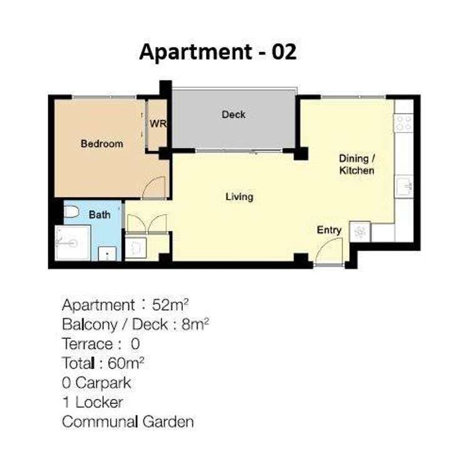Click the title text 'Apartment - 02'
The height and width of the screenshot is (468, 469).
(x=217, y=52)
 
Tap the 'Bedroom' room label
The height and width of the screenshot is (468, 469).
(x=102, y=144)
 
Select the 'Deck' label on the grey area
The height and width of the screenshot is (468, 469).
(x=234, y=115)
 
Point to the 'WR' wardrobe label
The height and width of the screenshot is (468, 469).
(x=157, y=124)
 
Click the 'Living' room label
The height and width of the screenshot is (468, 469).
(x=239, y=197)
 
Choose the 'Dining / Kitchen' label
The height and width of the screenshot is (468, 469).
(x=356, y=164)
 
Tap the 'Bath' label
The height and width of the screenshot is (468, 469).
(x=100, y=215)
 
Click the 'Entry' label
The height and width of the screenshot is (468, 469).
(x=329, y=230)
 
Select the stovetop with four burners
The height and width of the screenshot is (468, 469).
(x=404, y=122)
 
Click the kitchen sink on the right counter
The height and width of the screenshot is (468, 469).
(x=404, y=186)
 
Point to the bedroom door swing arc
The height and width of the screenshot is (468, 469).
(x=154, y=188)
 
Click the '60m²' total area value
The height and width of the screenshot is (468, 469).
(x=136, y=363)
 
